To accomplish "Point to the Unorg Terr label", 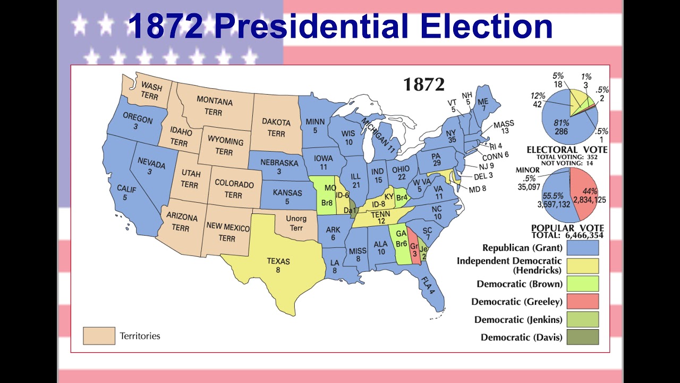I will coord(296,223).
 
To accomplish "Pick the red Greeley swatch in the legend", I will coord(583,302).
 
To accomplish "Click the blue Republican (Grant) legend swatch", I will coord(583,248).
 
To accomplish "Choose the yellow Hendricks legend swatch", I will coord(583,266).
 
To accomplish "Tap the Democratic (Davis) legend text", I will coord(521,337).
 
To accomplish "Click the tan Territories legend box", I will coord(99,336).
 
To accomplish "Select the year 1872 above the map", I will coord(423,85).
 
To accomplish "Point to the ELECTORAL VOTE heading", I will coord(567,150).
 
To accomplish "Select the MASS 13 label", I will coord(504,128).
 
